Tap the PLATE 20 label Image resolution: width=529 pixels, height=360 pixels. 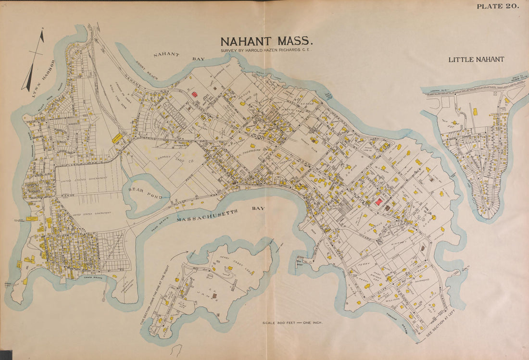point(497,6)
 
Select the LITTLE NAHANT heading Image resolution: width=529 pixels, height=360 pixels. point(476,60)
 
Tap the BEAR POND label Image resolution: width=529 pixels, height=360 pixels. point(139,190)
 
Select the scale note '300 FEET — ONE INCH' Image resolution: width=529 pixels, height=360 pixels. point(292,322)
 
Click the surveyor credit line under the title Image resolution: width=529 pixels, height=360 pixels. point(266,50)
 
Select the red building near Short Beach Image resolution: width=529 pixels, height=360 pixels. point(194,95)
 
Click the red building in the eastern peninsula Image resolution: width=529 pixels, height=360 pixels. point(379,202)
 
